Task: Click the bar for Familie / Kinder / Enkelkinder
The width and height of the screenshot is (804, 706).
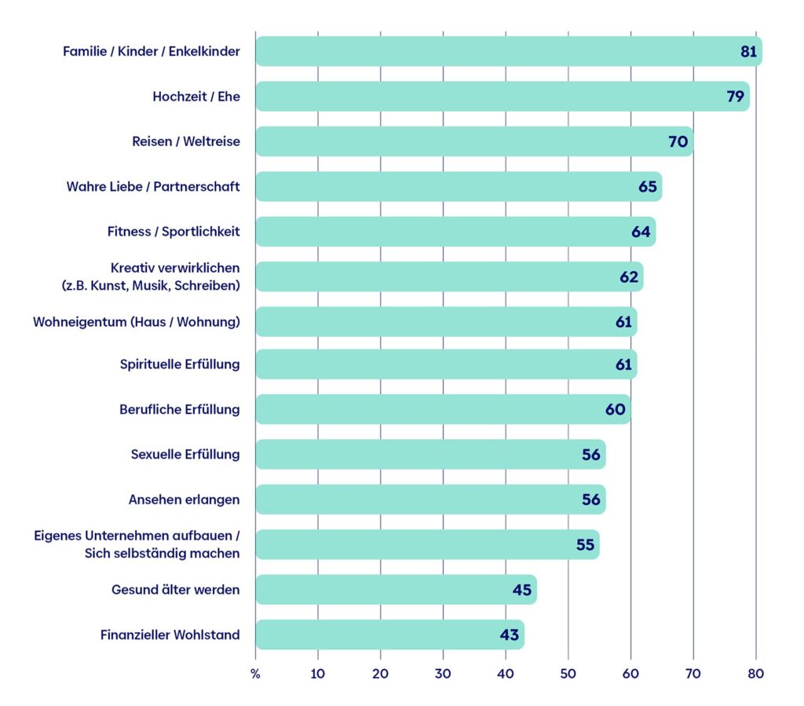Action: tap(509, 51)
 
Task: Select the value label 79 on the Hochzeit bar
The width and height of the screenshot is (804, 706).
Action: tap(735, 97)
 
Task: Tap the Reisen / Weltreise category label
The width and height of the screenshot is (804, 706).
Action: tap(186, 141)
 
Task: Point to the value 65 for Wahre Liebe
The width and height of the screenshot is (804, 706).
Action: tap(648, 187)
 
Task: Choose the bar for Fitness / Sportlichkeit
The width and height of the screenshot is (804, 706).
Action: tap(456, 232)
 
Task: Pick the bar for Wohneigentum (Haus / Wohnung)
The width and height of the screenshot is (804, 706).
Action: tap(446, 322)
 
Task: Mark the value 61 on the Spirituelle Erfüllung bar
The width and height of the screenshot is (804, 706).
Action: tap(623, 364)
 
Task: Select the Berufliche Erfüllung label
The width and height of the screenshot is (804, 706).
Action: tap(180, 410)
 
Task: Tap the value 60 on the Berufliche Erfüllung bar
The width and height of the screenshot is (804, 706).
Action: tap(616, 410)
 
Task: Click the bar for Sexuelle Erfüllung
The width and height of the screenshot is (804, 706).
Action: tap(431, 454)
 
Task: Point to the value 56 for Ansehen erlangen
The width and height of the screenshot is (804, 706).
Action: tap(591, 500)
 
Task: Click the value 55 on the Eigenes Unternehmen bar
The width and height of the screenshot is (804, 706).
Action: tap(585, 545)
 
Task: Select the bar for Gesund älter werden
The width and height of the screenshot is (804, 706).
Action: tap(397, 590)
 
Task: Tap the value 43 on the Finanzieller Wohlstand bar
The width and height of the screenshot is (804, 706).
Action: tap(510, 635)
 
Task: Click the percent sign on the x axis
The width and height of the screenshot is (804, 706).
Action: tap(255, 675)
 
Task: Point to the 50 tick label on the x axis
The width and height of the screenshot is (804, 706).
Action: tap(568, 674)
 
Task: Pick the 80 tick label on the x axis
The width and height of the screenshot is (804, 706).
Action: tap(756, 674)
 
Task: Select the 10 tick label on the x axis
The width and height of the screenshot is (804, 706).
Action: tap(318, 674)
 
